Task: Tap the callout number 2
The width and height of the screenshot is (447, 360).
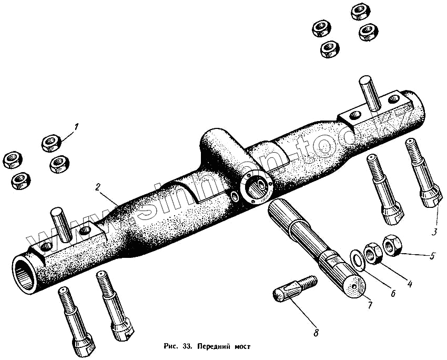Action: [x=98, y=187]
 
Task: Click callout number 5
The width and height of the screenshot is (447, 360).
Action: [x=432, y=256]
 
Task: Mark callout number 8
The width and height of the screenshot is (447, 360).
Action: [x=316, y=333]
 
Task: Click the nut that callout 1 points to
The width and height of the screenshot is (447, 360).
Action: [x=51, y=142]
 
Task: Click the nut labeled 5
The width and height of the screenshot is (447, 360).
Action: [x=392, y=244]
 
